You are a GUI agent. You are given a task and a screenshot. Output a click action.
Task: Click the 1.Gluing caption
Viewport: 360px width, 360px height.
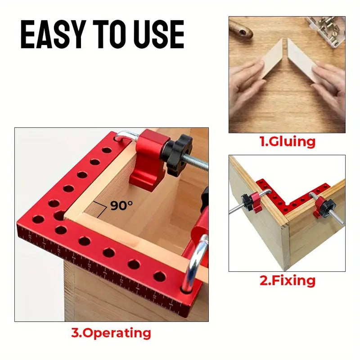[x=287, y=142]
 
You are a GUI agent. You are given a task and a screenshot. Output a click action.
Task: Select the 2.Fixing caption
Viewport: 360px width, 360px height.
[x=287, y=281]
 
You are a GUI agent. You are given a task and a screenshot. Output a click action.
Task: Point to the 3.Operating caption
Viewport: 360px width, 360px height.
[x=111, y=333]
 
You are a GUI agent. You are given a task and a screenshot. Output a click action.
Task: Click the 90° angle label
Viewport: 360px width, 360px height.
[x=122, y=206]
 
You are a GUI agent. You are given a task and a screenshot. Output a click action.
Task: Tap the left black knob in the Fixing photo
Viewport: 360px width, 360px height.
[x=246, y=199]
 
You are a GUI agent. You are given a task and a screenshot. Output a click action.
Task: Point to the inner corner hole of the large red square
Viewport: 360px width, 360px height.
[x=59, y=215]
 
